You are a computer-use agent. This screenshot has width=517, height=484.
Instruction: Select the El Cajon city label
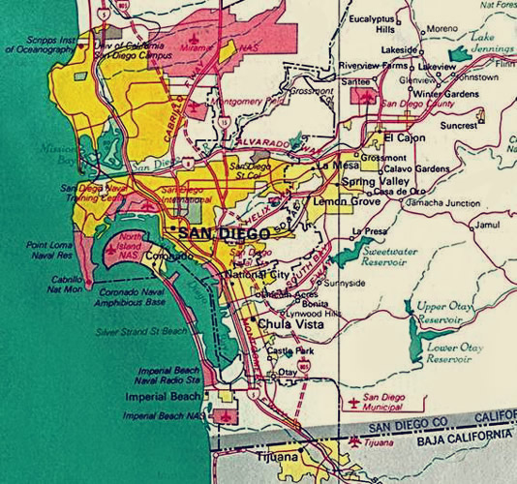[x=405, y=138]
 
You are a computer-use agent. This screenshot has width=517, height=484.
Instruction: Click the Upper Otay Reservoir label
[x=445, y=313]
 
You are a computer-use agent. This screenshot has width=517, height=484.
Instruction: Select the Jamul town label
[x=487, y=225]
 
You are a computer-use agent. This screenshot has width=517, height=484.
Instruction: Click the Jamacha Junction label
[x=442, y=203]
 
